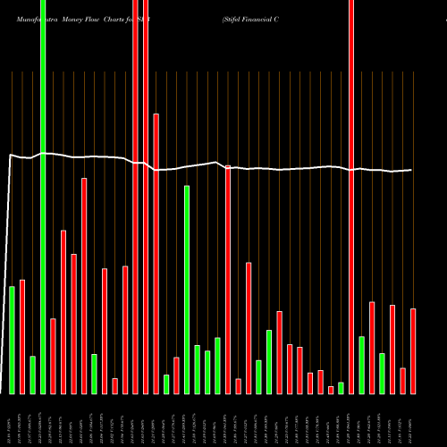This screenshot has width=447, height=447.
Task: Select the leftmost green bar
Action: (x=12, y=340)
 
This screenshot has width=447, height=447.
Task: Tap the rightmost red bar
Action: (x=413, y=350)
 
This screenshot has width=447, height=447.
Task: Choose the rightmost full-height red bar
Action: (x=350, y=197)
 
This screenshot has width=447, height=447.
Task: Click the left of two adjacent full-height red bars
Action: (x=135, y=197)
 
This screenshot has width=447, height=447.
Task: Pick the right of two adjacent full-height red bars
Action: (x=146, y=197)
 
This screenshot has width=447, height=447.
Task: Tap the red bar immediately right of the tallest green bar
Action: (x=53, y=356)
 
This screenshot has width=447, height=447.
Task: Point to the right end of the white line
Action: (x=411, y=170)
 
